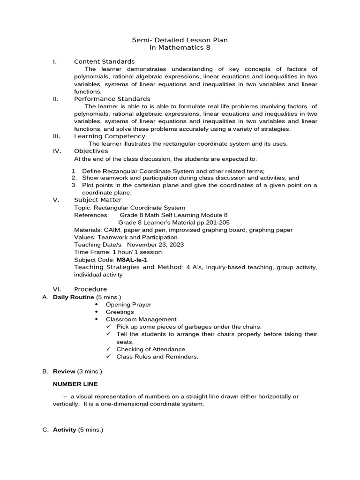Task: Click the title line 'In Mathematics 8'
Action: [180, 48]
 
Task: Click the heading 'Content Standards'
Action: [104, 61]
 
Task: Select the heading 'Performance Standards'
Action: [112, 99]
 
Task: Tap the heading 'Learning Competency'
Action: [110, 136]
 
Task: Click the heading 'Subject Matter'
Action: [97, 200]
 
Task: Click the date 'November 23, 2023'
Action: [155, 244]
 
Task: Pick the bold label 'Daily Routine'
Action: [74, 297]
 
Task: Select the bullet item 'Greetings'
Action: [120, 312]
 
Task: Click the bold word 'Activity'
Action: [65, 429]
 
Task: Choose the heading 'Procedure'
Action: [90, 289]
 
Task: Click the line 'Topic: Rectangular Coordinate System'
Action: [129, 208]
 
